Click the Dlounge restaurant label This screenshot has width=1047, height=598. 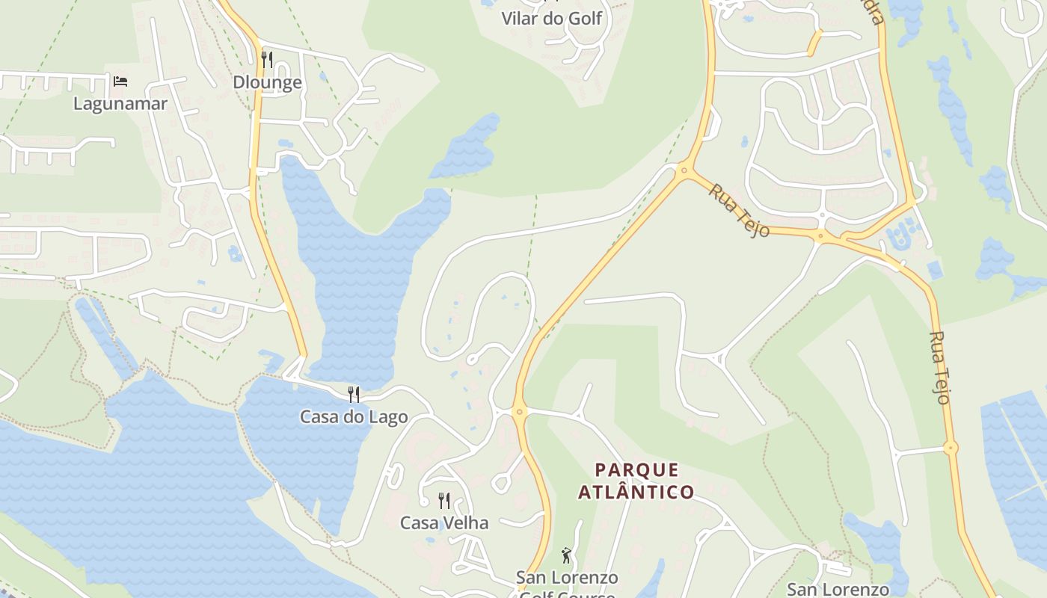click(x=267, y=82)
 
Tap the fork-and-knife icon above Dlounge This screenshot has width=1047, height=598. click(x=267, y=60)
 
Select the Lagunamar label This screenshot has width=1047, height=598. click(x=120, y=104)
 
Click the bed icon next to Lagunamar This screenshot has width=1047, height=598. click(x=120, y=81)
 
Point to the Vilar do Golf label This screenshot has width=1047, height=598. click(x=551, y=19)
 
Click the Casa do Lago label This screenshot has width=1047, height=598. click(x=354, y=417)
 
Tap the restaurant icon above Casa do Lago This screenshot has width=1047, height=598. click(x=354, y=394)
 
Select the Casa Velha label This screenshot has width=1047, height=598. click(x=444, y=523)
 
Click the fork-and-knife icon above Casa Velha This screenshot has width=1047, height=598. click(x=444, y=500)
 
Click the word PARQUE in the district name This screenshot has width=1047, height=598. click(x=637, y=470)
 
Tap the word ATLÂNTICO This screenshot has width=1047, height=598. click(x=636, y=492)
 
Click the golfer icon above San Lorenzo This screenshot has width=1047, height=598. click(x=566, y=555)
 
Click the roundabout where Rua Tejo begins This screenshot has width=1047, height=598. click(x=684, y=171)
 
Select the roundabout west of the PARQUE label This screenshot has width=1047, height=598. click(x=520, y=412)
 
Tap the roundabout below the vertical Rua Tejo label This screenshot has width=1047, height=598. click(x=951, y=449)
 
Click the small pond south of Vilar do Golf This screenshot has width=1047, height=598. click(x=467, y=147)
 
